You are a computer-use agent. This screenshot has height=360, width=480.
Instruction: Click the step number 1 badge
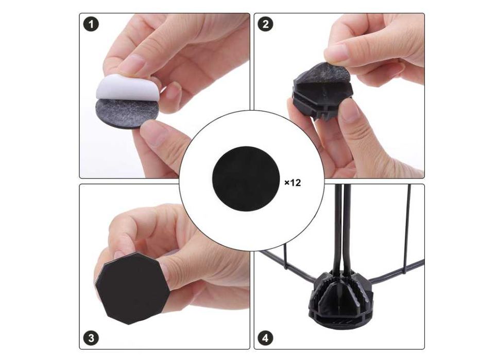point(91,24)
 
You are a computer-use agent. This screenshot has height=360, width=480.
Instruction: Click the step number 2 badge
point(265,24)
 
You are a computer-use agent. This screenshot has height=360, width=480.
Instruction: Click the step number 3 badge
point(91,338)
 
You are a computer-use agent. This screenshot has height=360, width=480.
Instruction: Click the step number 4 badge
point(265,338)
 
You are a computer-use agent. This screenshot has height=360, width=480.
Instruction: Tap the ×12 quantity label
point(293,183)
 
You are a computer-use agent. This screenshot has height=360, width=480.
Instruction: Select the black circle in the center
point(246,179)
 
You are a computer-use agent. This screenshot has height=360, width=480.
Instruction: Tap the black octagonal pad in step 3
point(132,288)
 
